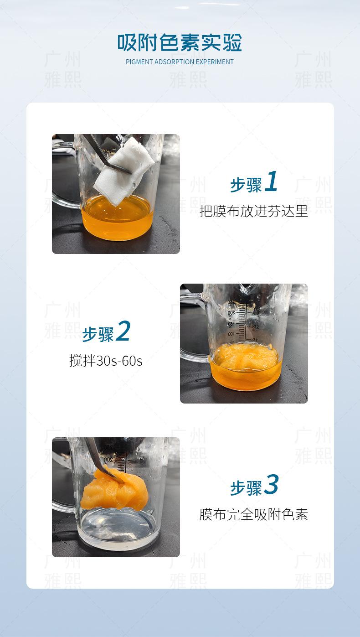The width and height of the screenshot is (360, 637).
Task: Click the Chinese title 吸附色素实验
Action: [180, 42]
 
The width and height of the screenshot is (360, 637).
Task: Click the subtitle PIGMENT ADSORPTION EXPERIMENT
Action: [180, 62]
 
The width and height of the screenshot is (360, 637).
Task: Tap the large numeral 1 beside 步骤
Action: [271, 181]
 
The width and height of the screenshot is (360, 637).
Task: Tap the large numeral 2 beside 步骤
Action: [123, 331]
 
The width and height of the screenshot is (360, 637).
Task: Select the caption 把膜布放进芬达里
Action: [254, 211]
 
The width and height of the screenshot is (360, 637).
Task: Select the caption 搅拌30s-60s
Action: [106, 361]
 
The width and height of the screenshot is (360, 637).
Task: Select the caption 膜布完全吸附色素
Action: [254, 514]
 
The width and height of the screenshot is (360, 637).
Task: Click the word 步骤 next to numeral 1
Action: [246, 185]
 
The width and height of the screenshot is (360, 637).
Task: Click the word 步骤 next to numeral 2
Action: [98, 335]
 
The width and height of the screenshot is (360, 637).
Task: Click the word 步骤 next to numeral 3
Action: [246, 488]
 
